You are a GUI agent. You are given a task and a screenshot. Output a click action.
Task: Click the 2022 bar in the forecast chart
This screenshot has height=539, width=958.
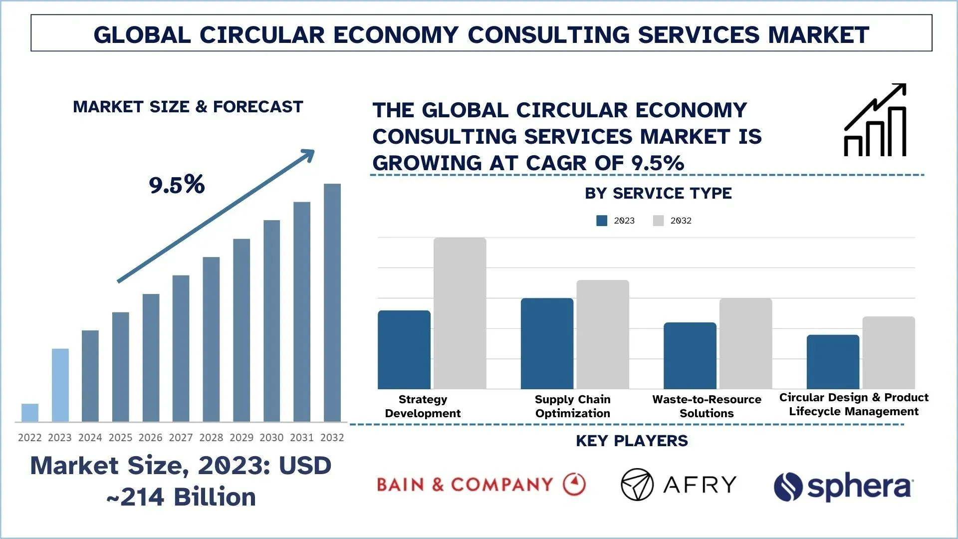pyautogui.click(x=30, y=413)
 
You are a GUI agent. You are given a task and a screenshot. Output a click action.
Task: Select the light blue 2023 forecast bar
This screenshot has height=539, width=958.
pyautogui.click(x=60, y=385)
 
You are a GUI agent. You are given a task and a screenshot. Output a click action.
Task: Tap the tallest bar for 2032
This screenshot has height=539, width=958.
pyautogui.click(x=332, y=303)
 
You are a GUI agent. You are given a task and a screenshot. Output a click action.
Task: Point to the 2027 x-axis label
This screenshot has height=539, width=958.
pyautogui.click(x=181, y=438)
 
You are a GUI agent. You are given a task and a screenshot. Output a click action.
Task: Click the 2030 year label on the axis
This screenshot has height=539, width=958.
pyautogui.click(x=271, y=438)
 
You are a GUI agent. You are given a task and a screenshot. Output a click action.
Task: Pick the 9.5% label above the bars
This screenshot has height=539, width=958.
pyautogui.click(x=177, y=185)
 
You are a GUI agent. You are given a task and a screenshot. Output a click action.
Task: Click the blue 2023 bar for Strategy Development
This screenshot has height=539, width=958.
pyautogui.click(x=404, y=350)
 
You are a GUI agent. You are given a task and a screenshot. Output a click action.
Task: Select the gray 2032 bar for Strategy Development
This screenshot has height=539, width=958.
pyautogui.click(x=460, y=313)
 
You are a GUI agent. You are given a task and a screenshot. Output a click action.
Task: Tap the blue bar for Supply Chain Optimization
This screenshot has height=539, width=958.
pyautogui.click(x=547, y=344)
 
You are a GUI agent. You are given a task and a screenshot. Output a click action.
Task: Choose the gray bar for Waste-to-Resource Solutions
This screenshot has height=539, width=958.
pyautogui.click(x=745, y=344)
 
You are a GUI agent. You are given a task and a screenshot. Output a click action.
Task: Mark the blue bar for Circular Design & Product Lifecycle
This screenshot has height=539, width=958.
pyautogui.click(x=833, y=362)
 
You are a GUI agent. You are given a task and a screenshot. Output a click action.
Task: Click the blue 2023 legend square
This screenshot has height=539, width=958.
pyautogui.click(x=602, y=221)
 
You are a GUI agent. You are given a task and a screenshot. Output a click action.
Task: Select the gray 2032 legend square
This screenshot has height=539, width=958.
pyautogui.click(x=658, y=221)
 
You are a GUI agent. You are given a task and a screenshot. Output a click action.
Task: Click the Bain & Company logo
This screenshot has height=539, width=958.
pyautogui.click(x=481, y=485)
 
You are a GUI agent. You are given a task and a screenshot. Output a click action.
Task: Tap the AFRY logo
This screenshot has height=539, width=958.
pyautogui.click(x=679, y=485)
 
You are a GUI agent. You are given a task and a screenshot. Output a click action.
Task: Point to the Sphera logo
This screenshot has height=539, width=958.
pyautogui.click(x=843, y=487)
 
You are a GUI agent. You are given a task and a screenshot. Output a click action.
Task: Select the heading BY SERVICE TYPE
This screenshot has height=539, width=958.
pyautogui.click(x=658, y=193)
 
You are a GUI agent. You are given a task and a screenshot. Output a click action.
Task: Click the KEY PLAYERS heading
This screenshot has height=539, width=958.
pyautogui.click(x=632, y=441)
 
